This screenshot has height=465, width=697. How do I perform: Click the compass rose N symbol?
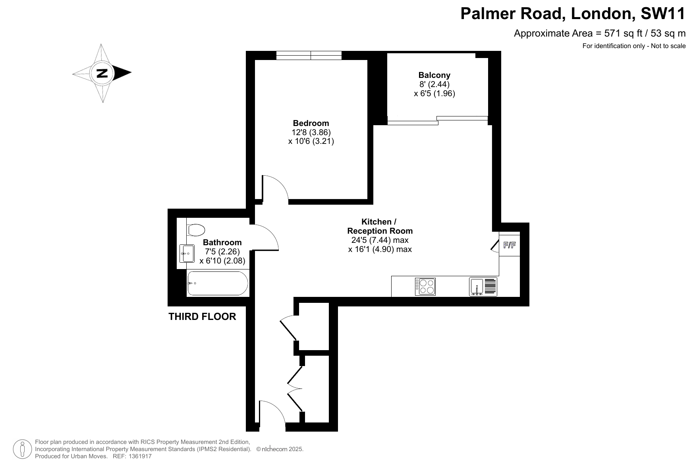102,73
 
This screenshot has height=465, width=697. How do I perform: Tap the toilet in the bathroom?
195,230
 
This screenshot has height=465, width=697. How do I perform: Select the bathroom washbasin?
187,254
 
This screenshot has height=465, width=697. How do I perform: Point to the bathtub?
218,283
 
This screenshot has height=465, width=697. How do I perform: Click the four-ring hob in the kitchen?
425,287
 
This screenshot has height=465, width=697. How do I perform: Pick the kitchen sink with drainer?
483,287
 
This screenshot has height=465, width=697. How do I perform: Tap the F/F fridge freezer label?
510,245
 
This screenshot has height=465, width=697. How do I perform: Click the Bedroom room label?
311,123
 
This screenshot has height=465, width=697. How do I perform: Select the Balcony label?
434,75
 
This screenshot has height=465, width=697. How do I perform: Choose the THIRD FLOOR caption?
202,317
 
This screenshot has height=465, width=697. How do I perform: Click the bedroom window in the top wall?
309,56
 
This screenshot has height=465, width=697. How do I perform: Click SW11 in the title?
663,14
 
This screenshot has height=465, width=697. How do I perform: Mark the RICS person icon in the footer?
22,449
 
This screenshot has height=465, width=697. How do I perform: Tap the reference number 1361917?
139,456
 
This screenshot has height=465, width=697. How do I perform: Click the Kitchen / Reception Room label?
380,227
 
